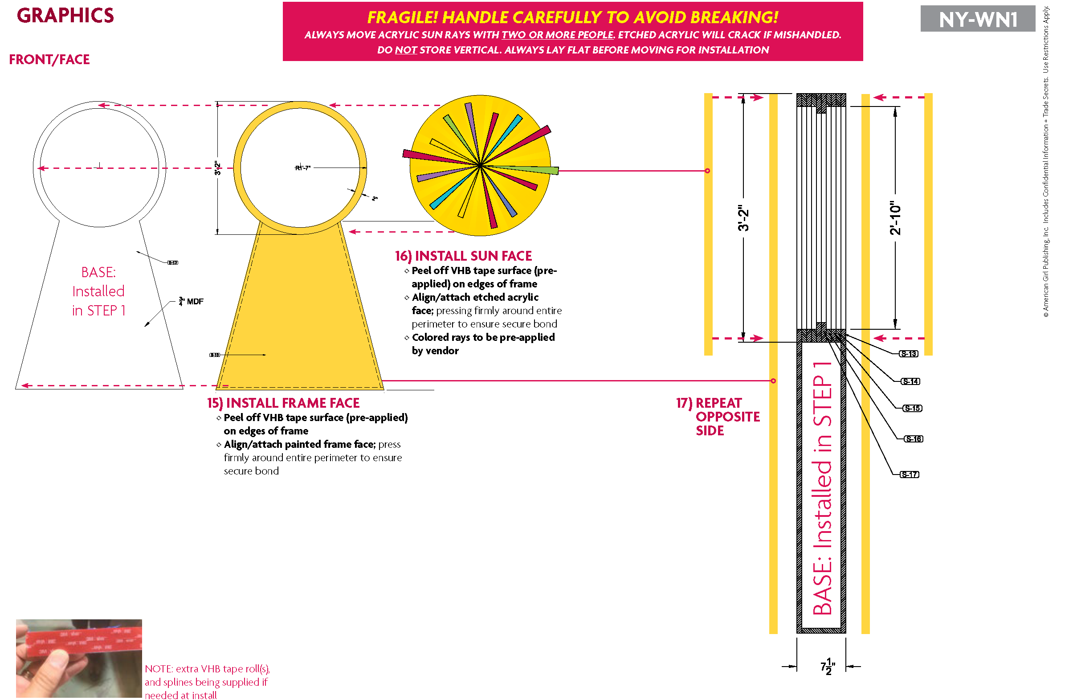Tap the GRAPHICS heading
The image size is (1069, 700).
(65, 16)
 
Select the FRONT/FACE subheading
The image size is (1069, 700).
(49, 60)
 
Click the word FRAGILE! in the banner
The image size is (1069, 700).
(402, 17)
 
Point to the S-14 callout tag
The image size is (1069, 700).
(910, 382)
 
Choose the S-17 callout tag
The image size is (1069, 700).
(910, 475)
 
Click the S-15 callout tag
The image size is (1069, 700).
(912, 409)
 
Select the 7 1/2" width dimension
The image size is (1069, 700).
(827, 667)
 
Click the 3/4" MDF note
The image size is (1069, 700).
(192, 302)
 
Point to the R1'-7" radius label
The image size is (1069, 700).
(303, 168)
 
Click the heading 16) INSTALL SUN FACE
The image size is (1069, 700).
(464, 256)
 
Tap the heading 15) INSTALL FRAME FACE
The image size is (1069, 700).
(283, 403)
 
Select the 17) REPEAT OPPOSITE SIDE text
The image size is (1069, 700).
(718, 417)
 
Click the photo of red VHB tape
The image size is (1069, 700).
(79, 658)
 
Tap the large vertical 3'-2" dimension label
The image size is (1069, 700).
(744, 218)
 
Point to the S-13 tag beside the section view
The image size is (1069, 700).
(909, 354)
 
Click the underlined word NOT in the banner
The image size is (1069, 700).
(406, 50)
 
